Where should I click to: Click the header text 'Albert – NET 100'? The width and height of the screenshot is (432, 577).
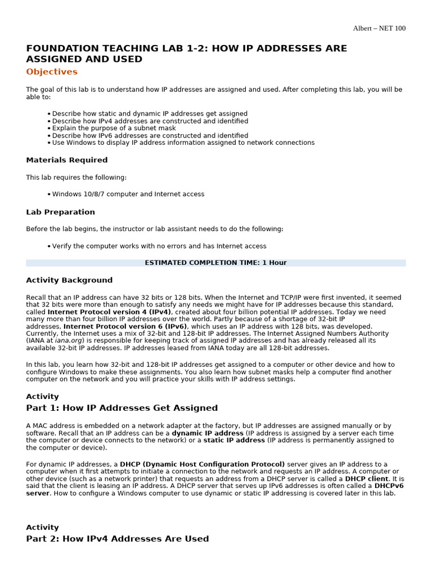pos(379,29)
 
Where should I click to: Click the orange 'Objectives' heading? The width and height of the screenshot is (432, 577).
pos(52,72)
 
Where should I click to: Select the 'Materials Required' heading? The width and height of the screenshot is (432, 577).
pos(67,160)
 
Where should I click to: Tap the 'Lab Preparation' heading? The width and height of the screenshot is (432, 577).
pos(60,212)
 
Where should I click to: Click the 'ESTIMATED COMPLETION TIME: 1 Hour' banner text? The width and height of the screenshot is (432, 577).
pos(215,263)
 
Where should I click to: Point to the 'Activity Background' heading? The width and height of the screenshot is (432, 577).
pos(69,280)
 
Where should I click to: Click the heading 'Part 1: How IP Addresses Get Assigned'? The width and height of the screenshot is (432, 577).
pos(121,408)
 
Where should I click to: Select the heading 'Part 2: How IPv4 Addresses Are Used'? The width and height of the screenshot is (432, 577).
pos(117,539)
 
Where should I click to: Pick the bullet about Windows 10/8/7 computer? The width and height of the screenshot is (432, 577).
pos(128,194)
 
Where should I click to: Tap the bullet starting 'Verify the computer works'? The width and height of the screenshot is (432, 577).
pos(159,246)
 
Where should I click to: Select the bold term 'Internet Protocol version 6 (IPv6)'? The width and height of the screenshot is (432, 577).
pos(125,326)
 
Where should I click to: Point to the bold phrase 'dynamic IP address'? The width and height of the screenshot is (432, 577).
pos(208,433)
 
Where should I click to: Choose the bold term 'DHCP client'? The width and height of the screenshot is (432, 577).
pos(366,478)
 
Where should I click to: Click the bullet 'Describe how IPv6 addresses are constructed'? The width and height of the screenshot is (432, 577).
pos(150,135)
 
